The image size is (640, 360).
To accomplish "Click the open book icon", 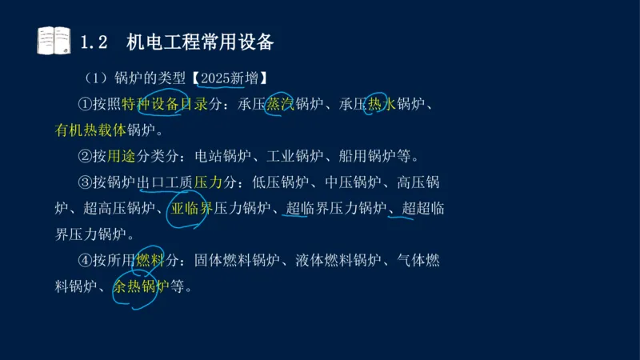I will (x=54, y=41).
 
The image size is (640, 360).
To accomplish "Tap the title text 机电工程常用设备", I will (x=200, y=42).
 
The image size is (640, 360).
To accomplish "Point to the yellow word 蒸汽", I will (x=281, y=104).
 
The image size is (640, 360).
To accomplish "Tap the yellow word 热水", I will (x=382, y=104).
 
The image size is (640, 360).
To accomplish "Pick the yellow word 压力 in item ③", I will (x=208, y=182).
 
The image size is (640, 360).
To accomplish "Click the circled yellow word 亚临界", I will (x=191, y=208).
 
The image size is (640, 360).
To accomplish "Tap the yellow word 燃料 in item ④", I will (x=150, y=260).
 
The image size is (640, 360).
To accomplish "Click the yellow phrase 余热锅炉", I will (x=141, y=286).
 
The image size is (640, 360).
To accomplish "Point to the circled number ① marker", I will (x=85, y=104).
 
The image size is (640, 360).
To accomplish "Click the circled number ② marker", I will (x=85, y=155).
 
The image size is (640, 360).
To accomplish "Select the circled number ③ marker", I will (x=85, y=182).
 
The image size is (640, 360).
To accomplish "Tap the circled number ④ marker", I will (x=85, y=260).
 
